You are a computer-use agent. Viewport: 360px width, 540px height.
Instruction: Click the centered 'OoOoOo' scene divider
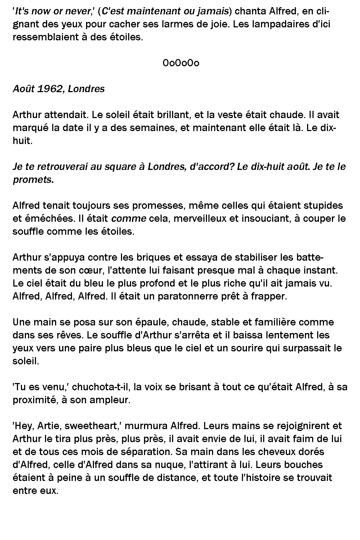coord(181,63)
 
